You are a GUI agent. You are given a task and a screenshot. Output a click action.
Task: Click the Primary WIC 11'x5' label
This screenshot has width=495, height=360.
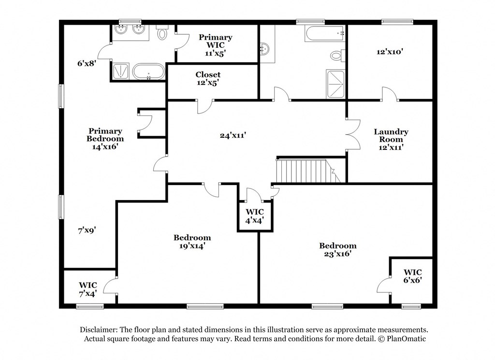click(x=216, y=45)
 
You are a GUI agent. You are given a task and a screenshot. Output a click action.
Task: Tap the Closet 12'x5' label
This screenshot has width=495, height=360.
click(x=208, y=79)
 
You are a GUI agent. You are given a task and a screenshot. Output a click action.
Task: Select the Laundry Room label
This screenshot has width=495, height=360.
click(x=391, y=139)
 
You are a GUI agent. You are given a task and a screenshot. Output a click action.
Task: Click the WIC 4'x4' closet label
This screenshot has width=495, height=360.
click(x=254, y=216)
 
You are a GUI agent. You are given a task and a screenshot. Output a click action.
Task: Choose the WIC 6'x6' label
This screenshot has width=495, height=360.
click(x=413, y=276)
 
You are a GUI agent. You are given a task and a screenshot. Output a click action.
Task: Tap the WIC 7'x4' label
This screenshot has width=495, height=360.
click(x=88, y=289)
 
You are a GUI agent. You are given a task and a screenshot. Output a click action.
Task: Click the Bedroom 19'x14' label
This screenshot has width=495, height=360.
click(x=192, y=242)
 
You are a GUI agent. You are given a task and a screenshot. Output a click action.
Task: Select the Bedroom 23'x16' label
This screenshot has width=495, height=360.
click(x=338, y=249)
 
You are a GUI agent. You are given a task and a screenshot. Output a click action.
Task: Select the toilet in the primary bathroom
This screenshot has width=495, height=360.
click(x=162, y=33)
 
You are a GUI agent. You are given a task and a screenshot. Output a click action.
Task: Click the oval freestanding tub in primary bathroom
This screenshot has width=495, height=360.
click(x=148, y=72)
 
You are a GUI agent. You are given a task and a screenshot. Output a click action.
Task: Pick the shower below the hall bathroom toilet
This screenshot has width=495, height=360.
click(x=336, y=84)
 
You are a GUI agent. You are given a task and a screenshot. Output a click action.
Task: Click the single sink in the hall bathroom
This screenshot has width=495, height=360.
click(x=264, y=48)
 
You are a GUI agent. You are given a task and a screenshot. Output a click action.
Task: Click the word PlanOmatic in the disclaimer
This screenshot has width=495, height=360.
click(x=403, y=339)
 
